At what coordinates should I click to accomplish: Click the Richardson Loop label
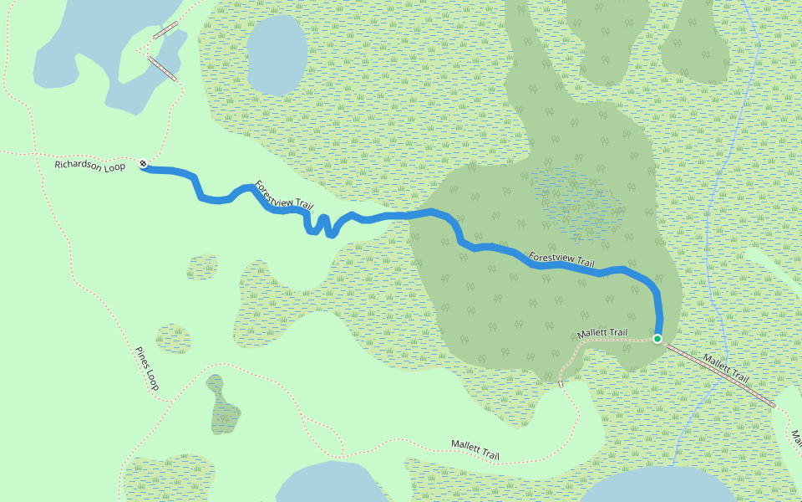pos(89,166)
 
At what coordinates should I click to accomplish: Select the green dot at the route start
pos(657,339)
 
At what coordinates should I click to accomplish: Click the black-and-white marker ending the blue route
pos(144,165)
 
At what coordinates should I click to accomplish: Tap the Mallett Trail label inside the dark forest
pos(601,334)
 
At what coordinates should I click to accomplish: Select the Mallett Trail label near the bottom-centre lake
pos(475,450)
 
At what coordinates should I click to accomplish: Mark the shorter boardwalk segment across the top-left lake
pos(165,31)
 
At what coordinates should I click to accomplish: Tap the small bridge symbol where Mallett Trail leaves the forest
pos(561,384)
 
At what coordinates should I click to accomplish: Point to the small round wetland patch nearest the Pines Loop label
pos(173,338)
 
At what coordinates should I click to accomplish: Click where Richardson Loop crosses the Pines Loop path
pos(38,154)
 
